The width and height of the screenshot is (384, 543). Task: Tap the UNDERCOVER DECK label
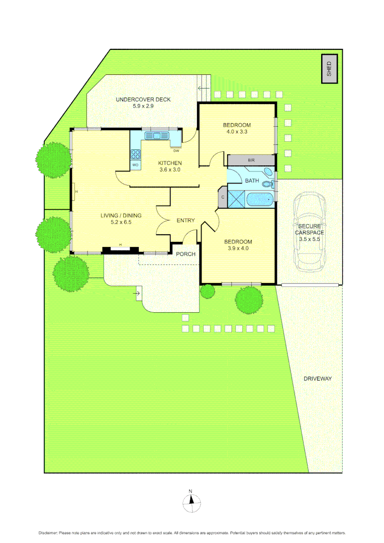pyautogui.click(x=143, y=100)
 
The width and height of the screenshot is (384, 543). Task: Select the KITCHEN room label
pyautogui.click(x=170, y=163)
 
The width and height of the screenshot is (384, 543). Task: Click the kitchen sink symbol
pyautogui.click(x=157, y=135)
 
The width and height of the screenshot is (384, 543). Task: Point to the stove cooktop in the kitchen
pyautogui.click(x=135, y=153)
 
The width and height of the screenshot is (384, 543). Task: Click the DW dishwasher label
pyautogui.click(x=176, y=151)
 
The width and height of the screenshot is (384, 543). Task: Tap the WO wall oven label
pyautogui.click(x=135, y=164)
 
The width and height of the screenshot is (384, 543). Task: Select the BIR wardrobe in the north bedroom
pyautogui.click(x=251, y=160)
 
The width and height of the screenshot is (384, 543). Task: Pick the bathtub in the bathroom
pyautogui.click(x=260, y=200)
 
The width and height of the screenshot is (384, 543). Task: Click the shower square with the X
pyautogui.click(x=237, y=199)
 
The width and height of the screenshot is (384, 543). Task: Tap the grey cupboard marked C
pyautogui.click(x=223, y=196)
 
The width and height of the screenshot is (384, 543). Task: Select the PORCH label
pyautogui.click(x=185, y=254)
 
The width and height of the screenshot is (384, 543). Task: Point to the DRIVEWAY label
pyautogui.click(x=317, y=379)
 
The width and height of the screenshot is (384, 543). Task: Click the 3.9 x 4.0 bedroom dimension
pyautogui.click(x=238, y=248)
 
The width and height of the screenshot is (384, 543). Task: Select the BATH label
pyautogui.click(x=252, y=180)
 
